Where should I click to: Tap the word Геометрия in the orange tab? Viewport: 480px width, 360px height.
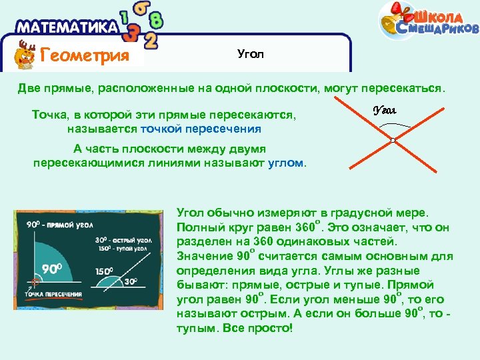click(85, 55)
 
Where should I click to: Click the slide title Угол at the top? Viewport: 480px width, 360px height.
click(251, 54)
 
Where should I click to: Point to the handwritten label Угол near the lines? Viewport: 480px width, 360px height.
click(385, 110)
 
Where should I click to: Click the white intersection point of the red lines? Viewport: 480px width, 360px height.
click(393, 140)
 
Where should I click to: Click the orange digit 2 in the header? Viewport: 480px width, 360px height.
click(151, 41)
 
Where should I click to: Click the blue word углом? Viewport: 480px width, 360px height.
click(285, 162)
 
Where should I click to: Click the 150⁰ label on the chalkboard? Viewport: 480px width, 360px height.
click(103, 271)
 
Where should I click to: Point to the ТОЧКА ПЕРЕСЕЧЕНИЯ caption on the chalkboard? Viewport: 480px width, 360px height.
click(53, 293)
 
